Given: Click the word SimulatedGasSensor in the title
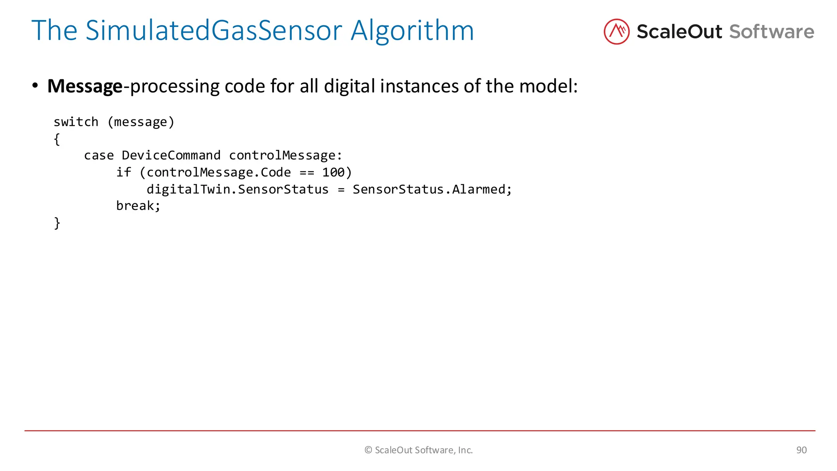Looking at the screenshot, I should pos(213,31).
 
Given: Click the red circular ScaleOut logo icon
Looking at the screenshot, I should pos(616,31).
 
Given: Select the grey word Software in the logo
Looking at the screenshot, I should pos(772,32).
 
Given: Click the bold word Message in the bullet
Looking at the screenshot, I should pos(85,86).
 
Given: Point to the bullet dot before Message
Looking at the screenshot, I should pos(35,85).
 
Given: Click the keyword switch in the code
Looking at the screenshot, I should pos(76,122).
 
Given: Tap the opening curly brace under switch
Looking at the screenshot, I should pos(57,139).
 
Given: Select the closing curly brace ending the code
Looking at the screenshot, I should pos(57,223).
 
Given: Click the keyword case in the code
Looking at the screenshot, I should pos(98,155).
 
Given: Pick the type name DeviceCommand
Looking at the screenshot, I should pos(171,155).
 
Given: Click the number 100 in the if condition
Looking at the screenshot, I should pos(333,172).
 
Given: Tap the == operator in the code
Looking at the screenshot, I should pos(307,172).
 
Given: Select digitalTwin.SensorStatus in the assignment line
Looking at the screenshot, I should pos(237,189).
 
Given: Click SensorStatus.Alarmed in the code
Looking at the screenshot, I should pos(432,189).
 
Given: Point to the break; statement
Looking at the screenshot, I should pos(138,206).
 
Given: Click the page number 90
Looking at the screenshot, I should pos(801,450).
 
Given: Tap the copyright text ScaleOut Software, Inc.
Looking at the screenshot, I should pos(418,450).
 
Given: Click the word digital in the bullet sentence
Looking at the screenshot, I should pos(349,86).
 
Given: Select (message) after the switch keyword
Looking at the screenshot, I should pos(141,122).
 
